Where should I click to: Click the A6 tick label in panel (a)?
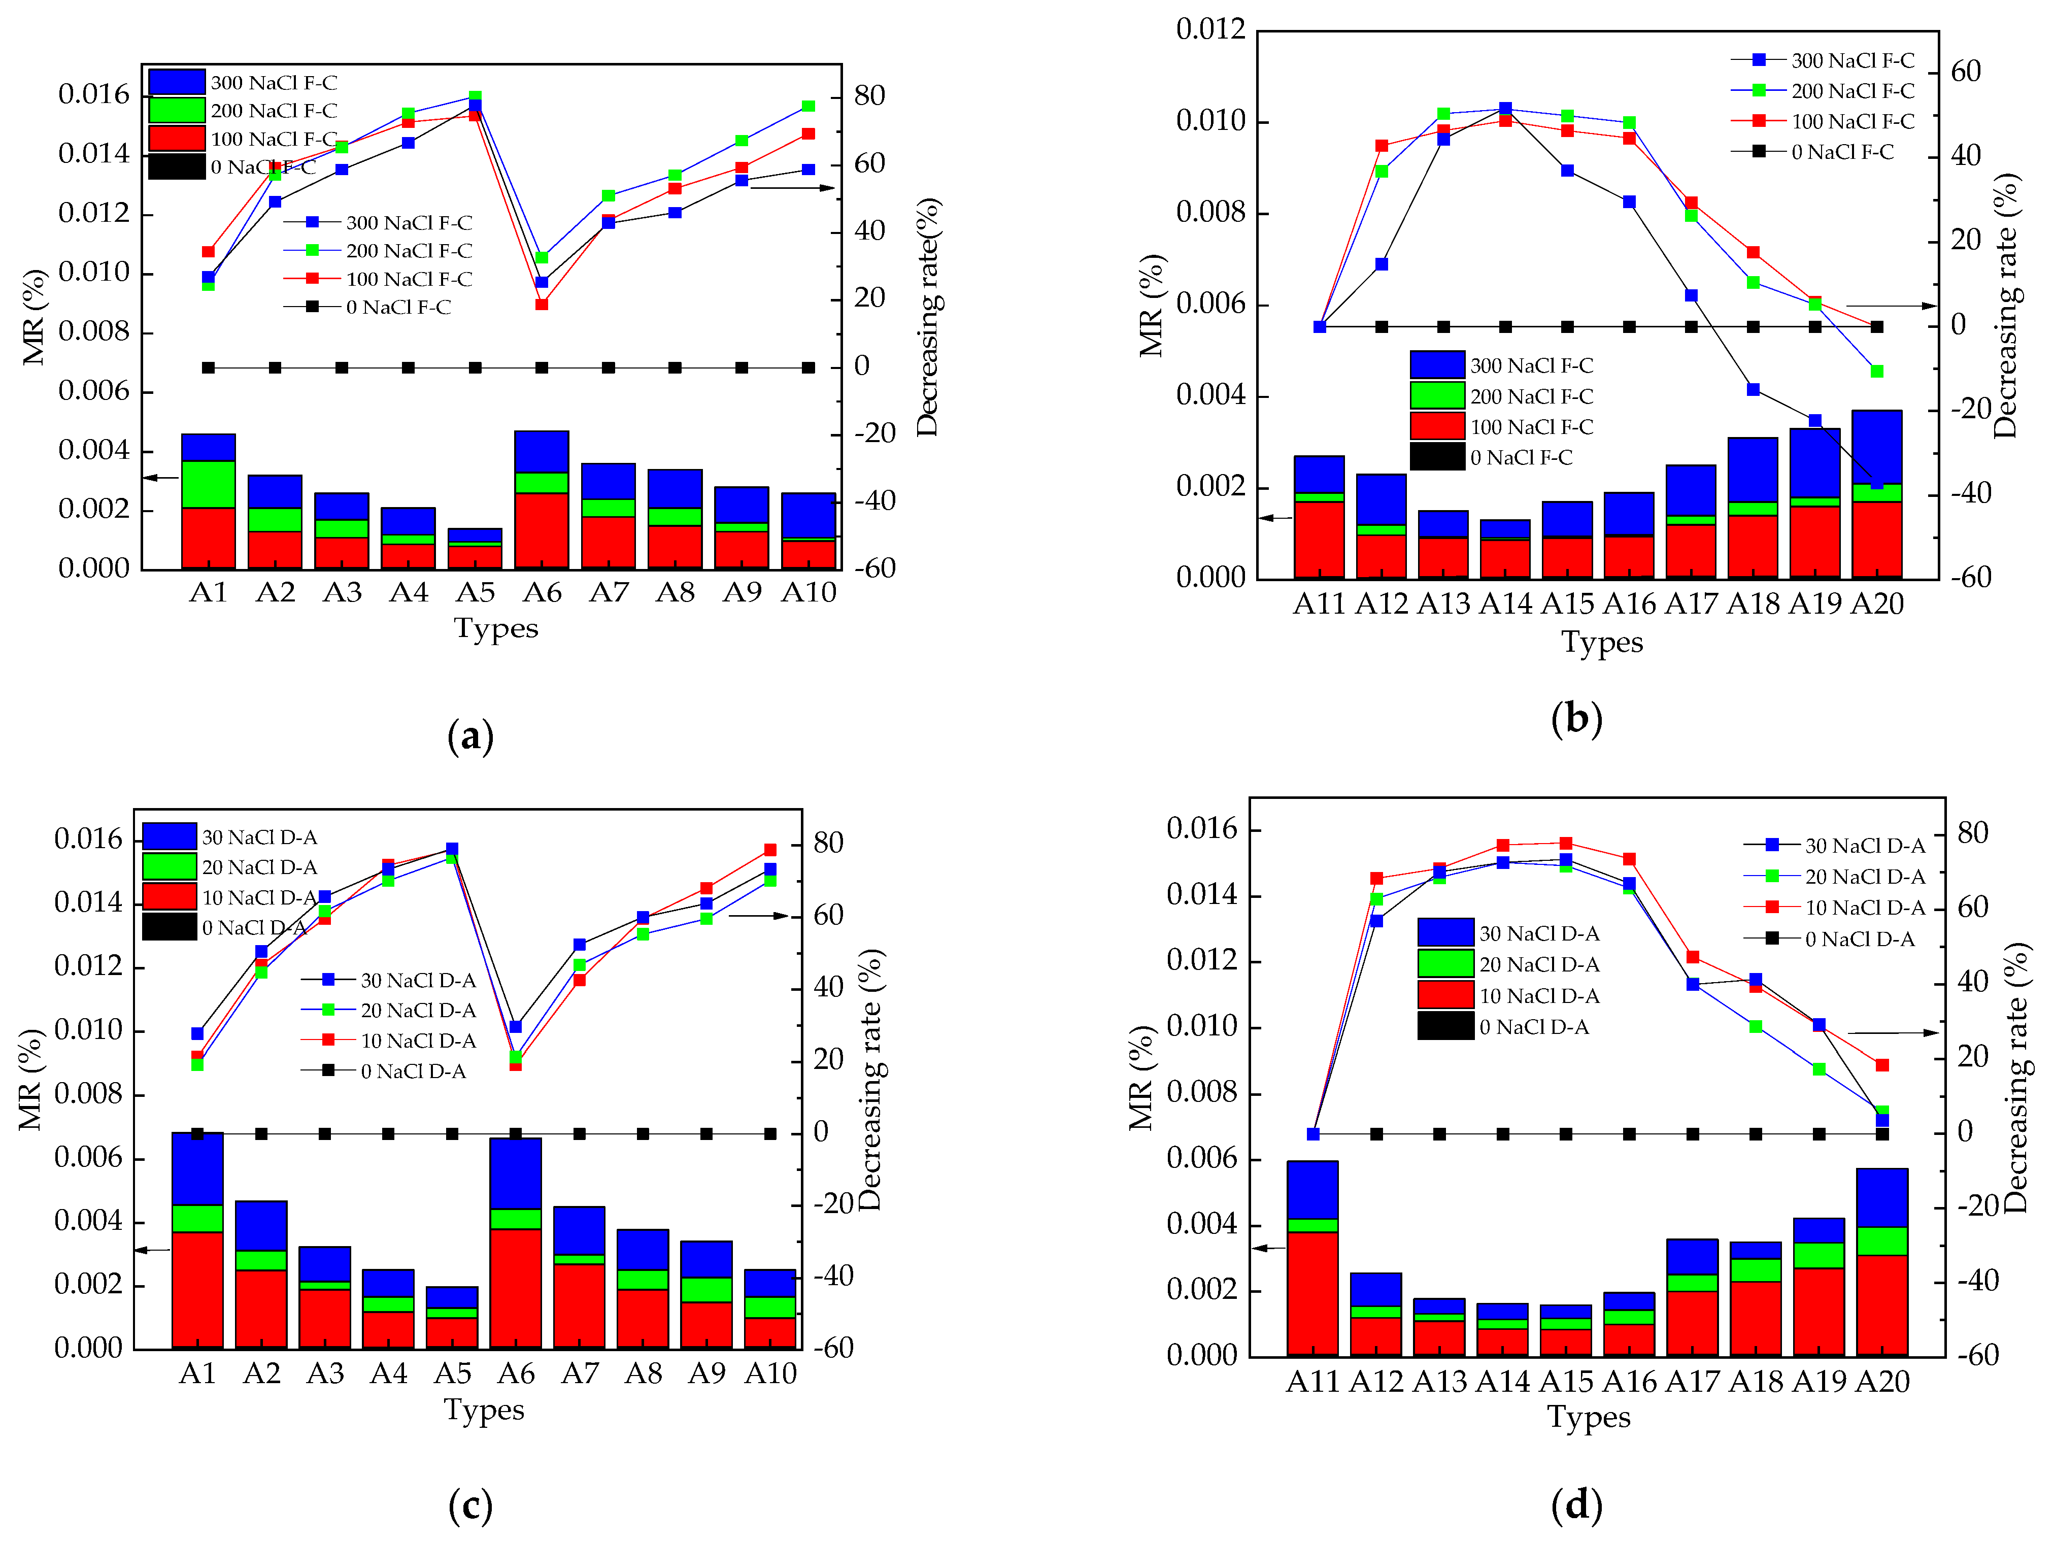click(x=542, y=592)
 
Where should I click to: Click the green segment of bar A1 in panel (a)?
click(x=208, y=484)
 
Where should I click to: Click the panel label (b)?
click(x=1576, y=719)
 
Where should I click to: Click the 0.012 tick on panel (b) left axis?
click(x=1210, y=30)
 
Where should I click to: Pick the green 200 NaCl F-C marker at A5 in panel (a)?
click(x=475, y=96)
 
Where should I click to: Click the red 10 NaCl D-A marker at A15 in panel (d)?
click(x=1566, y=843)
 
